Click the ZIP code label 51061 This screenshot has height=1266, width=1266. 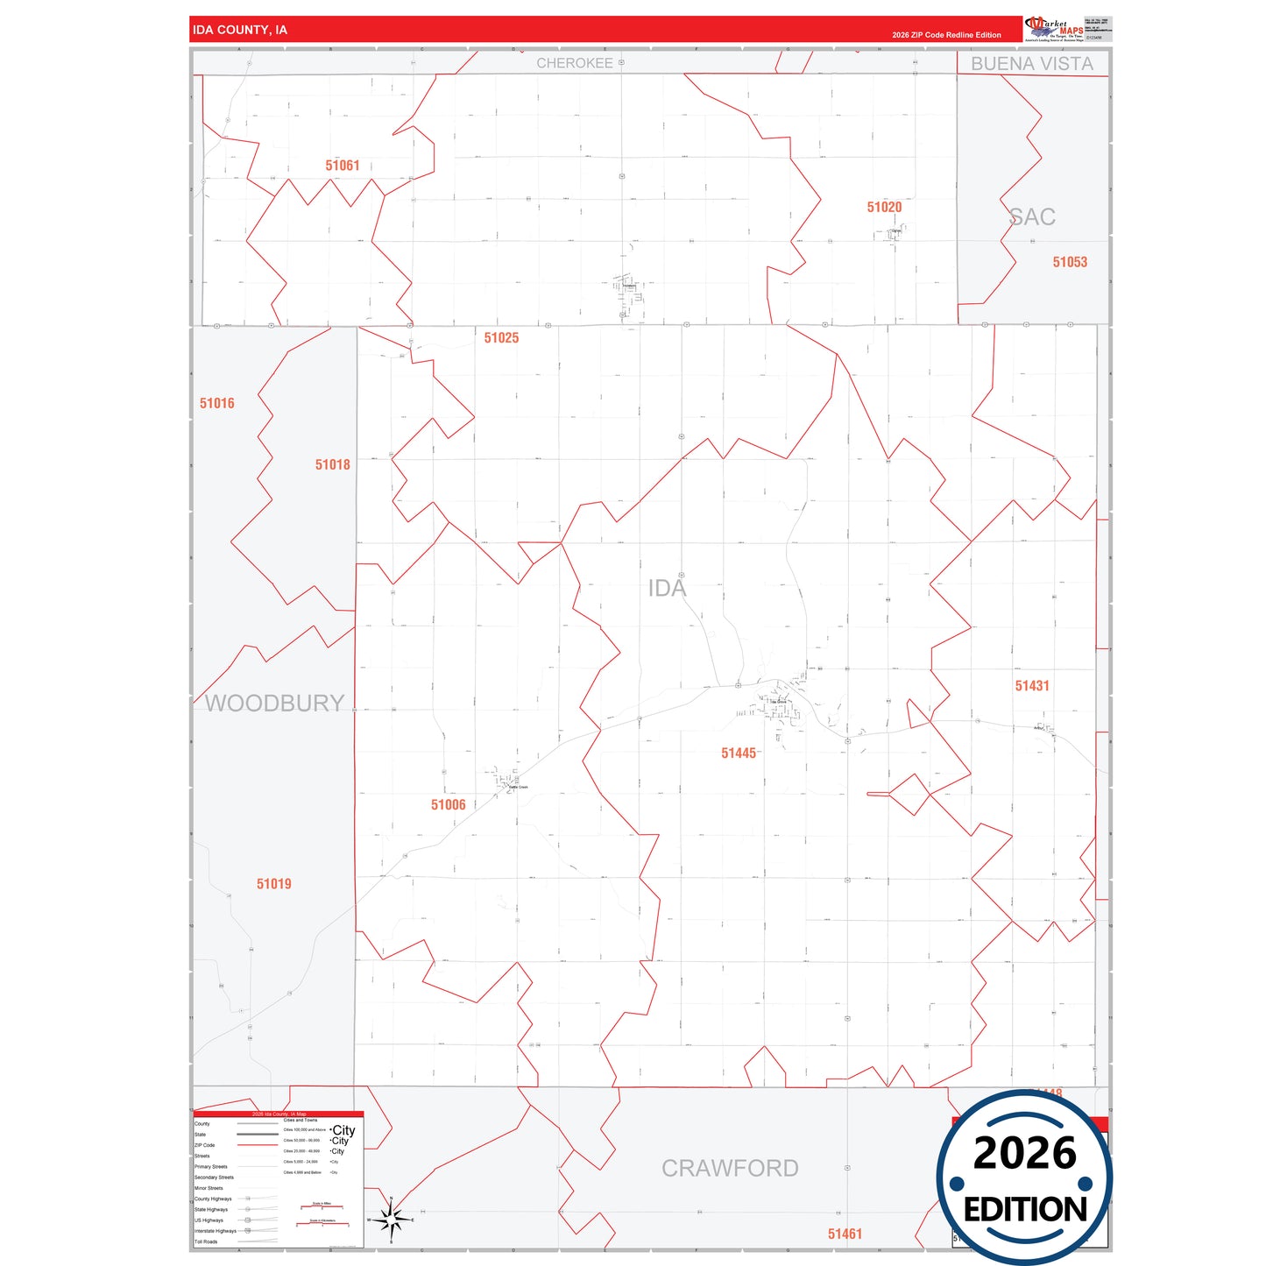343,166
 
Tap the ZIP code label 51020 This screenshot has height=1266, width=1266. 884,208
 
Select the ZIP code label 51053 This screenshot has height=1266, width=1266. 1070,262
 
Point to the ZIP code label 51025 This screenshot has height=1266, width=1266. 501,338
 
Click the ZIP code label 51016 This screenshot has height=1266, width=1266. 217,404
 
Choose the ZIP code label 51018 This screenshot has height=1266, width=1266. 333,465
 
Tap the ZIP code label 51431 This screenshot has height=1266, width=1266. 1032,686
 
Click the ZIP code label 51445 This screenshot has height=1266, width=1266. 739,753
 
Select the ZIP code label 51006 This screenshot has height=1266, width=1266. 449,805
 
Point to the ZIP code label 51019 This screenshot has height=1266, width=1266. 274,884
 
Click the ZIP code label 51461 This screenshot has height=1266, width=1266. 845,1234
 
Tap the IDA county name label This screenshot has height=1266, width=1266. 667,589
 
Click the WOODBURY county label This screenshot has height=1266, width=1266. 274,704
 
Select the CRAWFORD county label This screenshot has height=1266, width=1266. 730,1169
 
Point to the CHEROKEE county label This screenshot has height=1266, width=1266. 575,63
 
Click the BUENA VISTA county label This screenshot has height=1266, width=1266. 1032,64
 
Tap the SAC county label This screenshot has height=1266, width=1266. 1032,217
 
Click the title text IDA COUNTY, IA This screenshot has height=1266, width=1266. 240,30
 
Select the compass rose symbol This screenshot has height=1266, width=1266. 391,1219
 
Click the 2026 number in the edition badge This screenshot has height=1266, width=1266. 1024,1153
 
